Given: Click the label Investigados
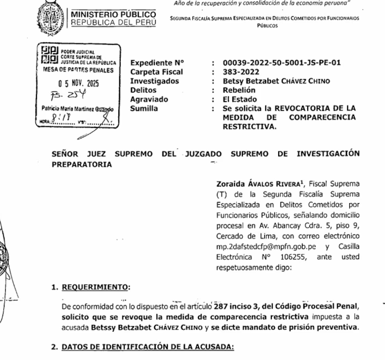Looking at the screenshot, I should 156,81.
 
